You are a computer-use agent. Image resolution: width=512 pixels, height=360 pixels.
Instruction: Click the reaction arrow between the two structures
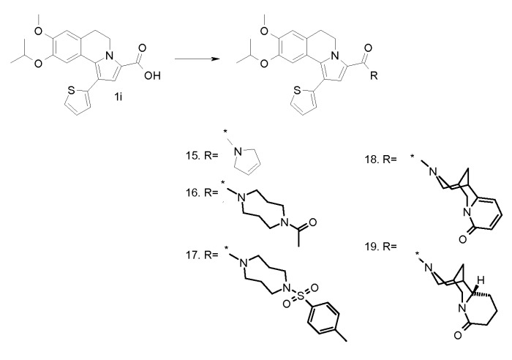coord(197,59)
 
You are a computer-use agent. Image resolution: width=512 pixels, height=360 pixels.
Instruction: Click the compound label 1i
coord(118,97)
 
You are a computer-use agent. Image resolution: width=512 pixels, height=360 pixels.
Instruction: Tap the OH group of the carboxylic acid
coord(152,76)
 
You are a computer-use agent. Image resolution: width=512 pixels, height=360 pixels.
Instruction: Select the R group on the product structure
coord(374,76)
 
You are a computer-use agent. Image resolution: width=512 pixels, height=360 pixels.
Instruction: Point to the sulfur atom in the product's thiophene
coord(297,90)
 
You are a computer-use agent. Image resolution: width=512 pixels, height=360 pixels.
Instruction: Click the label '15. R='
coord(202,156)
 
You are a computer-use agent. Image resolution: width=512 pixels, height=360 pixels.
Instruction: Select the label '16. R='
coord(202,192)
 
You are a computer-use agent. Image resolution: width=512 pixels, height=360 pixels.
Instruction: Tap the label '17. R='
coord(202,255)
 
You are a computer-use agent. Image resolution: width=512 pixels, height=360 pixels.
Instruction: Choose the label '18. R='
coord(381,160)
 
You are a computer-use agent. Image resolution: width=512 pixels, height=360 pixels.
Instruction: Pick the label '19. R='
coord(381,246)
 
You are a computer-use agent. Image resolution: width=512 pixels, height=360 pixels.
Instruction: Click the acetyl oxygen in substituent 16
coord(312,222)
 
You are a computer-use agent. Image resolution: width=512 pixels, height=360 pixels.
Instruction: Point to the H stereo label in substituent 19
coord(480,280)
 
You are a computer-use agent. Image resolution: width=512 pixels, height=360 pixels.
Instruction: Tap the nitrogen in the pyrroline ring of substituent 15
coord(238,151)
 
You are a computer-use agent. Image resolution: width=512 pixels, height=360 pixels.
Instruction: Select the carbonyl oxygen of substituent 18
coord(462,239)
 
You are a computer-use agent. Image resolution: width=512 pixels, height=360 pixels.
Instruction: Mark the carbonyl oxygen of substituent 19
coord(457,336)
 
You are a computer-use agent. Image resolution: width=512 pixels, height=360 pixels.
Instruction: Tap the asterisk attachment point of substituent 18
coord(412,157)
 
